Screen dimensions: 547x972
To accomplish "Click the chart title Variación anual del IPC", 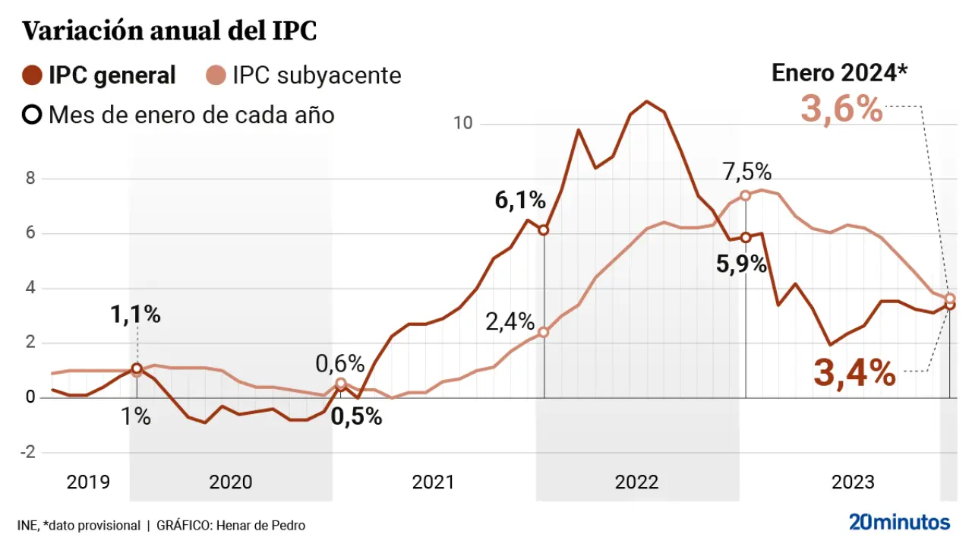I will click(169, 31).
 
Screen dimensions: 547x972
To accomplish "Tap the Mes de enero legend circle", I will click(33, 115).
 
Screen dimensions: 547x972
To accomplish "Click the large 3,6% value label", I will click(841, 109).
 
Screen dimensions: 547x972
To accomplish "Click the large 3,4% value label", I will click(854, 373).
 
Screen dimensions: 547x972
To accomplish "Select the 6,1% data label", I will click(520, 201).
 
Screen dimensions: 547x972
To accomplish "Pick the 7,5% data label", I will click(746, 172).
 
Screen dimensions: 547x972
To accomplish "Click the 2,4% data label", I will click(510, 321).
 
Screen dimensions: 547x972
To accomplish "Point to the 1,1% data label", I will click(135, 315).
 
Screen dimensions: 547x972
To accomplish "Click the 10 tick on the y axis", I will click(462, 123).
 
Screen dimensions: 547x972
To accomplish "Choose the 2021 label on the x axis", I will click(433, 482).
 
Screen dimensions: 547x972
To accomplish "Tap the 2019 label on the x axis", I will click(88, 482).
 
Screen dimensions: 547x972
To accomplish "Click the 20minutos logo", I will click(899, 522).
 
